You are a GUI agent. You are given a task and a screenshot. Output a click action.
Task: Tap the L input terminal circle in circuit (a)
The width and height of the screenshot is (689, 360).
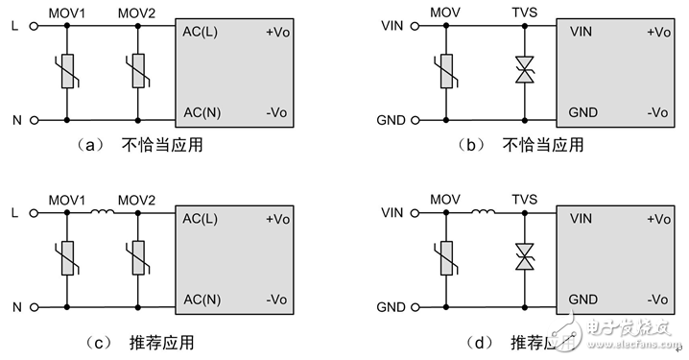tap(35, 27)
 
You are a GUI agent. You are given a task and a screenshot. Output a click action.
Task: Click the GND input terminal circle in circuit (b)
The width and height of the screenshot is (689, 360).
tap(415, 120)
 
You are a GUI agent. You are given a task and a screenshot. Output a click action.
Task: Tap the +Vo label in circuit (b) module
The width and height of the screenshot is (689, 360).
tap(657, 32)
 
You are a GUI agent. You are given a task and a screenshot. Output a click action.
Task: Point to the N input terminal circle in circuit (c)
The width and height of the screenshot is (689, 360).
tap(35, 308)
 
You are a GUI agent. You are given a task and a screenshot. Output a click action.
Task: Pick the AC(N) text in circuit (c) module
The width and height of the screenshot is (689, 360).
tap(202, 300)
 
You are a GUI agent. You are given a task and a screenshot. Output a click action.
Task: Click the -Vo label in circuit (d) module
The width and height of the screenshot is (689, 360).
tap(657, 300)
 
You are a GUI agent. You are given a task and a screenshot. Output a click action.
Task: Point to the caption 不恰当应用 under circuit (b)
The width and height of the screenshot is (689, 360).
tap(543, 147)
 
